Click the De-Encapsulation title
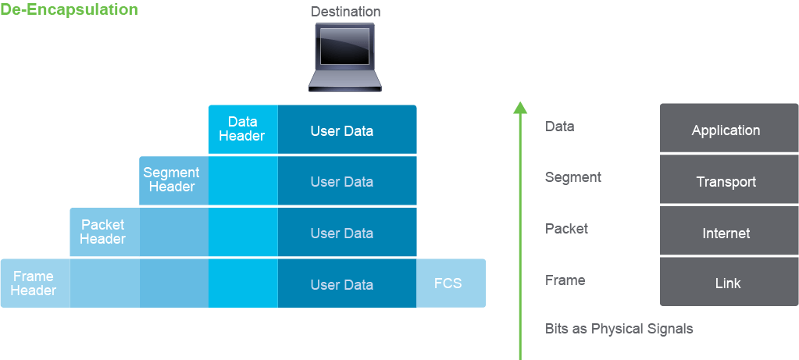pyautogui.click(x=70, y=9)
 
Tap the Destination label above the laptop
pyautogui.click(x=345, y=11)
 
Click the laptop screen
pyautogui.click(x=345, y=46)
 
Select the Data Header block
pyautogui.click(x=243, y=129)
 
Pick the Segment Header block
pyautogui.click(x=173, y=180)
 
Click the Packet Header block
pyautogui.click(x=104, y=232)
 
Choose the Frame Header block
pyautogui.click(x=34, y=283)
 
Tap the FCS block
pyautogui.click(x=451, y=283)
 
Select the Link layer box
pyautogui.click(x=729, y=282)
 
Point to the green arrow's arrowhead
pyautogui.click(x=520, y=108)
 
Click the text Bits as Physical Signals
pyautogui.click(x=619, y=329)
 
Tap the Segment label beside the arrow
pyautogui.click(x=573, y=178)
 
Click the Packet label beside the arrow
pyautogui.click(x=566, y=229)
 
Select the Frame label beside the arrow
pyautogui.click(x=565, y=280)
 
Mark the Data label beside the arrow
pyautogui.click(x=559, y=127)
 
